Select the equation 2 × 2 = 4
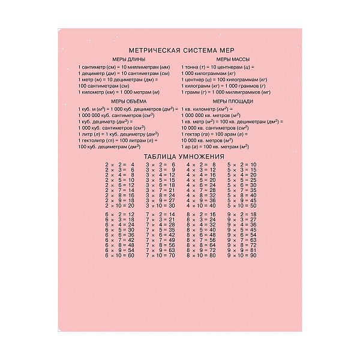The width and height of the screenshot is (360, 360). pos(119,164)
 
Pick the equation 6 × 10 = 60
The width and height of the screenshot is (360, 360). pos(119,256)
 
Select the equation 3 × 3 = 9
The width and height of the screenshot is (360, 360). pos(160,170)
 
